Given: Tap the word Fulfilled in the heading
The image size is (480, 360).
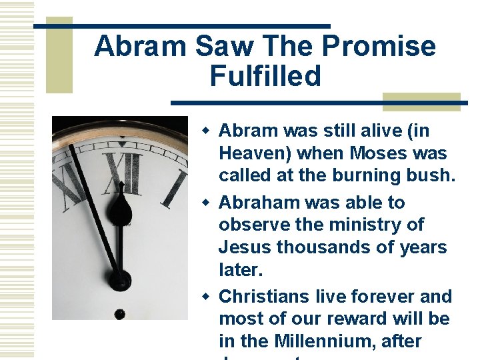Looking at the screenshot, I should pos(265,76).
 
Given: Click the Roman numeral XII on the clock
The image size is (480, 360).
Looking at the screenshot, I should pos(125,173).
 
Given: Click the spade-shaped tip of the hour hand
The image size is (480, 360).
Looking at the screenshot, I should pos(120,207).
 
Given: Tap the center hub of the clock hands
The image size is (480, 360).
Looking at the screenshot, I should pos(120,279).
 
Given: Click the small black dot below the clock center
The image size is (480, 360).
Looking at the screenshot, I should pos(119,313).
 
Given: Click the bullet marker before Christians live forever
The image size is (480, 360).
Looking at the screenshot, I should pos(207,296).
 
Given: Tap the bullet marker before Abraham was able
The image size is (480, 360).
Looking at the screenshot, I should pos(207,202).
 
